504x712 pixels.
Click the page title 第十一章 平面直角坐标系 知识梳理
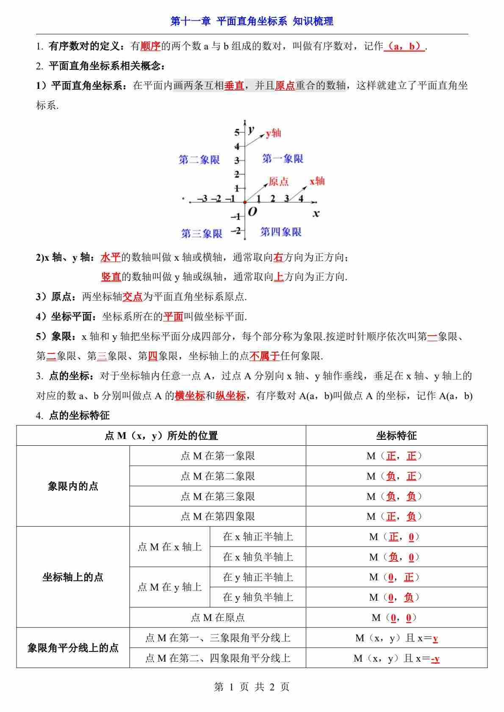point(252,21)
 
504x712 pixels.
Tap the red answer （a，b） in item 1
point(404,47)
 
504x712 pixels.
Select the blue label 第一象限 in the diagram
point(282,159)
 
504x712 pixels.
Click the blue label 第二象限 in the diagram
point(199,160)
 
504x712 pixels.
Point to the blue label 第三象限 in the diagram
point(202,233)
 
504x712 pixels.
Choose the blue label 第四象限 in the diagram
point(281,232)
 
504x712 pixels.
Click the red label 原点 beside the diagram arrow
point(279,182)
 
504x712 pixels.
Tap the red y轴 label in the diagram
point(274,133)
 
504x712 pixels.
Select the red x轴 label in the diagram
point(317,181)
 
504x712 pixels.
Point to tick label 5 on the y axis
point(237,132)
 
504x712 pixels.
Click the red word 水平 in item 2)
point(111,257)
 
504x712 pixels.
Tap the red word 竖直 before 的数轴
point(111,277)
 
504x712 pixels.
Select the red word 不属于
point(265,356)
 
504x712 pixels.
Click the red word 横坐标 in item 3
point(190,396)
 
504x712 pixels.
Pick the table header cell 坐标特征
point(396,436)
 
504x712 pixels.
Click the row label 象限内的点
point(73,486)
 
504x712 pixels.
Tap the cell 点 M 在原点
point(218,618)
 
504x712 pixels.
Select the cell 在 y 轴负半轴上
point(258,597)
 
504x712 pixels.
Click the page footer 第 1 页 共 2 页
point(252,687)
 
